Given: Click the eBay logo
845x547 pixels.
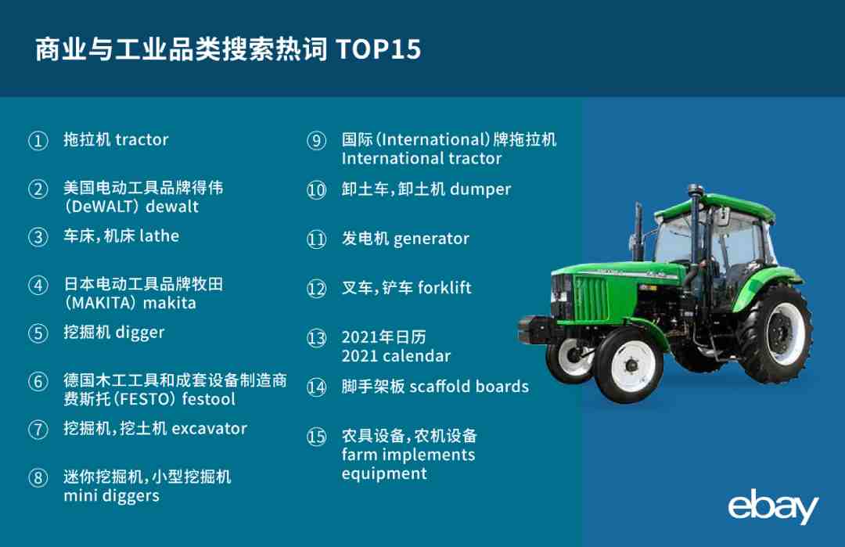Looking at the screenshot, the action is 773,506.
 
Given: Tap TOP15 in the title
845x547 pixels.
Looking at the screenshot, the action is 379,49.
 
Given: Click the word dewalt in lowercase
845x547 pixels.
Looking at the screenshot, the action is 172,207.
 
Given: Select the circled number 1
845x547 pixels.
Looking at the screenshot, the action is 38,141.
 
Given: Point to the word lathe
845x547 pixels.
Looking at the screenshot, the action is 159,236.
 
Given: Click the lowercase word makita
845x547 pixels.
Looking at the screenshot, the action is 169,303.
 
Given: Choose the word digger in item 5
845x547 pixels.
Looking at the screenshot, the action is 139,333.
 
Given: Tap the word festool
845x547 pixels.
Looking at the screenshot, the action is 209,399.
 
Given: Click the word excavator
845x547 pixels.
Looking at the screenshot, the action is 209,429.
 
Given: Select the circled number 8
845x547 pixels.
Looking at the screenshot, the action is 38,478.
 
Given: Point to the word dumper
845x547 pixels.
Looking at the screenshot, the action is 480,189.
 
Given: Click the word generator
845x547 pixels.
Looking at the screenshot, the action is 431,239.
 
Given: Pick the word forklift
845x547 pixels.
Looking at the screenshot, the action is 444,288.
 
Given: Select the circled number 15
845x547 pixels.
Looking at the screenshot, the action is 316,437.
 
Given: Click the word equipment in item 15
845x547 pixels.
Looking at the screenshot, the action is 384,474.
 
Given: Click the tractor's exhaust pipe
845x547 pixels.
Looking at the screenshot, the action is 638,232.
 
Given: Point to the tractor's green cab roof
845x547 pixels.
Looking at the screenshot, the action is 717,207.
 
